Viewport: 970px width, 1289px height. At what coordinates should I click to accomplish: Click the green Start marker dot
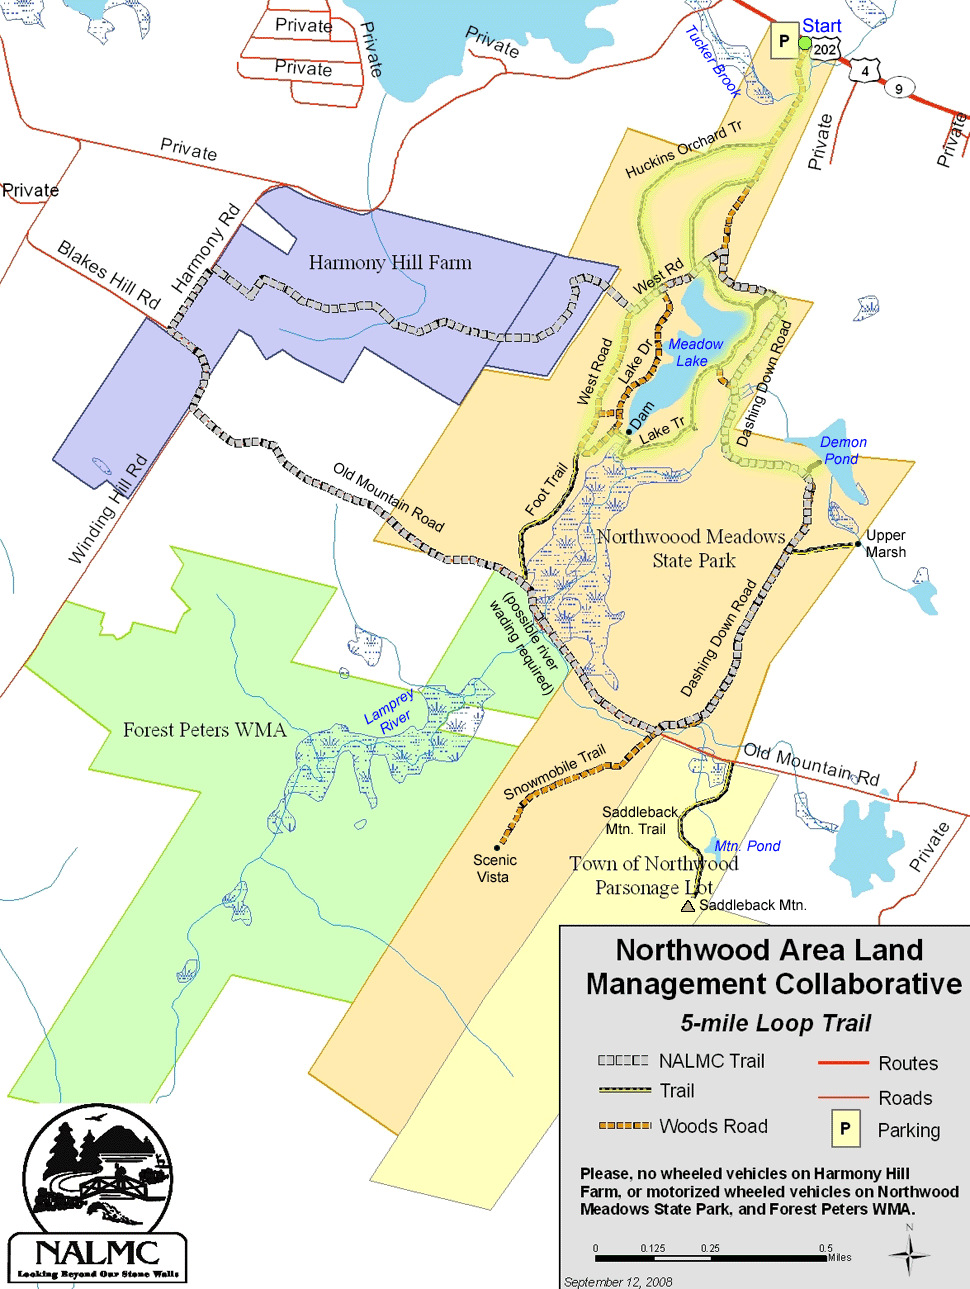click(x=805, y=43)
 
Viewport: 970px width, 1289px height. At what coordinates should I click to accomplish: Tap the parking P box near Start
click(x=783, y=42)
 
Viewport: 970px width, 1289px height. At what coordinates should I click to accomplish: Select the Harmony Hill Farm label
click(x=390, y=263)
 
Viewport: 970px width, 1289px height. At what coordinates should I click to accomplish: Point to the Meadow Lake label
click(x=695, y=352)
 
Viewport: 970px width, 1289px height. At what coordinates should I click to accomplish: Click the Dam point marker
click(x=629, y=432)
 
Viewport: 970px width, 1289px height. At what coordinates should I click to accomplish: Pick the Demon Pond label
click(x=842, y=450)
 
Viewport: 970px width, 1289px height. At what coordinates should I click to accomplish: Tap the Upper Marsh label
click(x=886, y=543)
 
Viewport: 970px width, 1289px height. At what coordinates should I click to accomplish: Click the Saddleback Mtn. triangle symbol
click(x=688, y=906)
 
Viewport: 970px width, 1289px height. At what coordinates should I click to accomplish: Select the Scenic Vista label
click(x=494, y=868)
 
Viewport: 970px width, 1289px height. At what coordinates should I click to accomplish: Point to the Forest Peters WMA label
click(x=204, y=730)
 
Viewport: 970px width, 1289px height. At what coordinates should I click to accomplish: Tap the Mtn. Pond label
click(x=747, y=846)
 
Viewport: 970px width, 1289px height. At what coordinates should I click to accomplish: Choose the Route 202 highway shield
click(x=825, y=49)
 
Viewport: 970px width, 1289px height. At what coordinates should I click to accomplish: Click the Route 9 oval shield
click(x=898, y=89)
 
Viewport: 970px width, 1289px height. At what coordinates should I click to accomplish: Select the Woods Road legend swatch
click(x=624, y=1126)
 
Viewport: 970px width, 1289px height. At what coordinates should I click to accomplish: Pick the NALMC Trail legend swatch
click(x=623, y=1060)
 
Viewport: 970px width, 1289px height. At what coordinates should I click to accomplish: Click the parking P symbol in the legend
click(x=845, y=1129)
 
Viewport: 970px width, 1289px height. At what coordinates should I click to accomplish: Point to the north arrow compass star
click(x=909, y=1253)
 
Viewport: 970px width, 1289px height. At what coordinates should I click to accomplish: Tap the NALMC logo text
click(x=97, y=1253)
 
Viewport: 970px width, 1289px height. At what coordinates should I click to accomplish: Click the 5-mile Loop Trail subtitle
click(x=776, y=1023)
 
